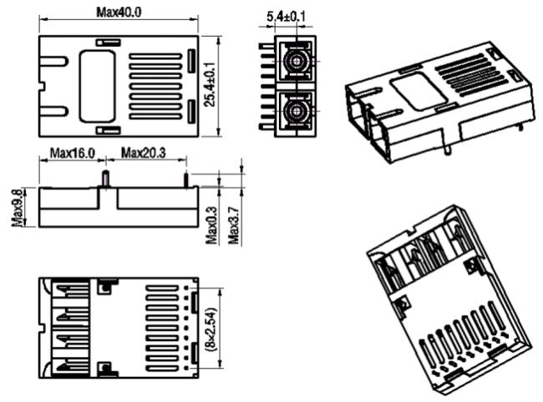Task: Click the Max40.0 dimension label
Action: coord(119,13)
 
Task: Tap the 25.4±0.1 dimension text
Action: coord(210,84)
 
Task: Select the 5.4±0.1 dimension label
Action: coord(286,16)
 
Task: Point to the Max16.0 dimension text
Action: coord(73,153)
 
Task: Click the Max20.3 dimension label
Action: coord(144,153)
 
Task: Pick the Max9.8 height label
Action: coord(18,208)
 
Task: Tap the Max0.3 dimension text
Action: coord(211,225)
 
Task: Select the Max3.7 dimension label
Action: coord(234,225)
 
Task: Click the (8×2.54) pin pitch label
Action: coord(211,329)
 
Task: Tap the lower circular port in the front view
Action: coord(297,111)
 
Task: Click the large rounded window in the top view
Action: coord(97,87)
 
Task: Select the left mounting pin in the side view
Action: coord(105,178)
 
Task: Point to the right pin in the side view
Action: coord(186,181)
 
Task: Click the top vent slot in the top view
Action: coord(156,57)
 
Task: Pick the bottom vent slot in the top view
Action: coord(156,117)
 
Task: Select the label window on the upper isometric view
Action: coord(419,91)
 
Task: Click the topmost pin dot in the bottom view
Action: coord(186,288)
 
